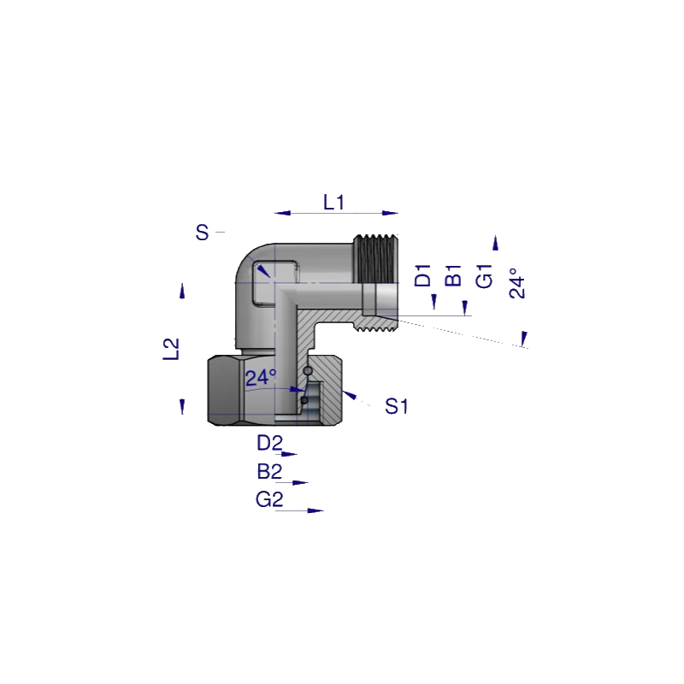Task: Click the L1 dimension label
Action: pyautogui.click(x=333, y=203)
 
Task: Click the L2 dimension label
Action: pyautogui.click(x=171, y=349)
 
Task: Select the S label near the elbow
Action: pyautogui.click(x=202, y=233)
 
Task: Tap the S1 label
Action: pyautogui.click(x=396, y=407)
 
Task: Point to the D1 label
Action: pyautogui.click(x=422, y=275)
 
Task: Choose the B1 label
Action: pyautogui.click(x=453, y=275)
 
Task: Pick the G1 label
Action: pyautogui.click(x=484, y=275)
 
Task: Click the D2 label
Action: pyautogui.click(x=269, y=443)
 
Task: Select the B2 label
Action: pyautogui.click(x=269, y=472)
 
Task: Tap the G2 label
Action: pyautogui.click(x=269, y=499)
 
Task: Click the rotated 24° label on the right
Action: pyautogui.click(x=517, y=283)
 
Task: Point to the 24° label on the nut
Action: pyautogui.click(x=261, y=378)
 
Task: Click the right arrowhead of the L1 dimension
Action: pyautogui.click(x=390, y=213)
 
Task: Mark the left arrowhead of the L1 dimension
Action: pyautogui.click(x=283, y=213)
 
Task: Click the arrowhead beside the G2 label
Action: pyautogui.click(x=315, y=510)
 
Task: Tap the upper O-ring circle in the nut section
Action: pyautogui.click(x=308, y=371)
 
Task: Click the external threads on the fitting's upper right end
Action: pyautogui.click(x=375, y=259)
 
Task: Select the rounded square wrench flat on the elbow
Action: pyautogui.click(x=275, y=283)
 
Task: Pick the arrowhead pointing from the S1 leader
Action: pyautogui.click(x=349, y=395)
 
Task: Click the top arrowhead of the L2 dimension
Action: pyautogui.click(x=182, y=291)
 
